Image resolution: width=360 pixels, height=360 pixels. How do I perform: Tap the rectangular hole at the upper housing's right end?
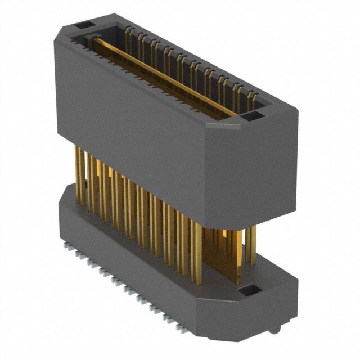[x=251, y=117]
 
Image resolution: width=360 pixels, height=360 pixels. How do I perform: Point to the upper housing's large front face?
[x=129, y=129]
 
